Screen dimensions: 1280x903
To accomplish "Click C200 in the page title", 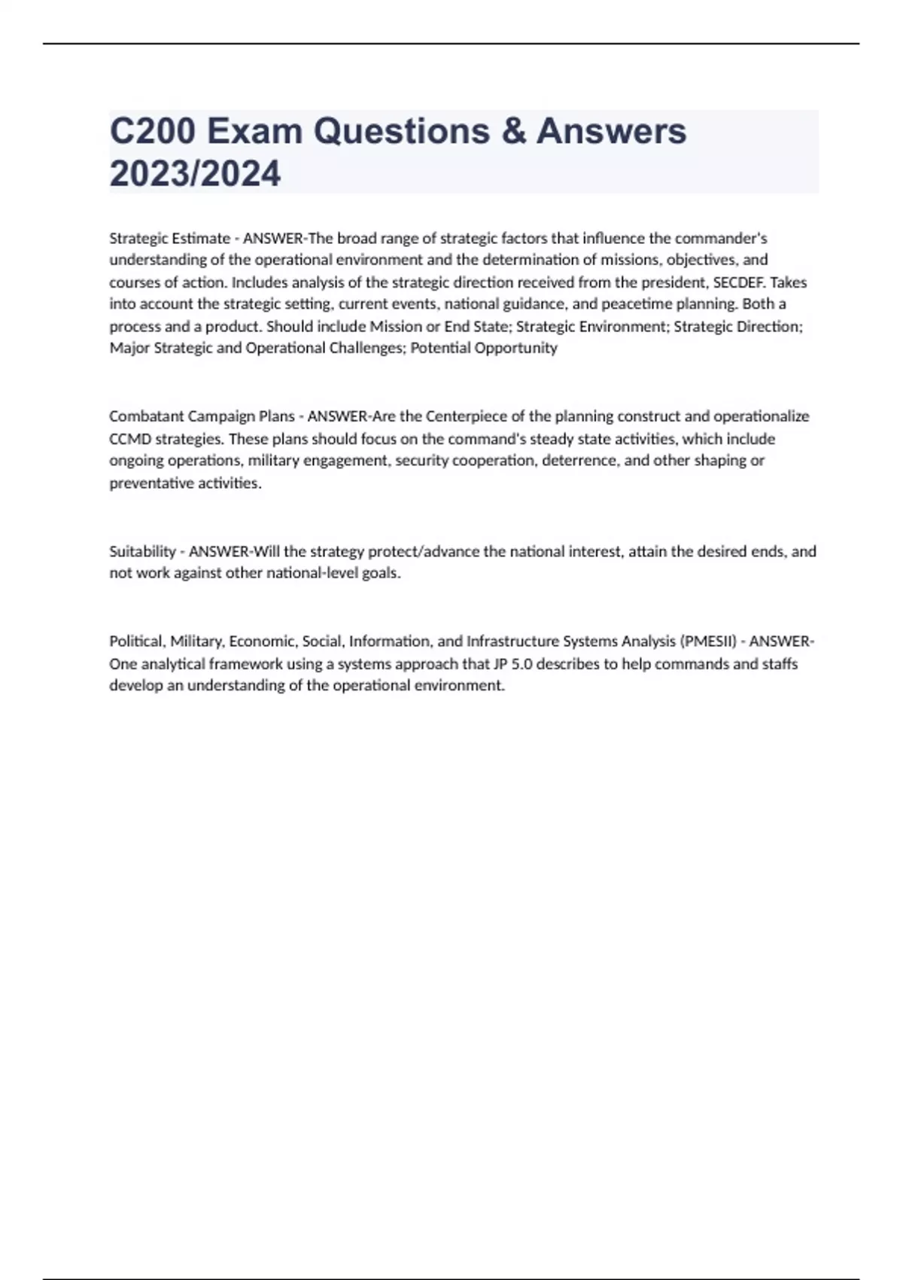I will pyautogui.click(x=153, y=131).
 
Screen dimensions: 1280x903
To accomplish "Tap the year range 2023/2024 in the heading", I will pyautogui.click(x=195, y=173).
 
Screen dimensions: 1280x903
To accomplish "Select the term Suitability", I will pyautogui.click(x=142, y=551).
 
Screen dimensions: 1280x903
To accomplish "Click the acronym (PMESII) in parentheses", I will pyautogui.click(x=708, y=642).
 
